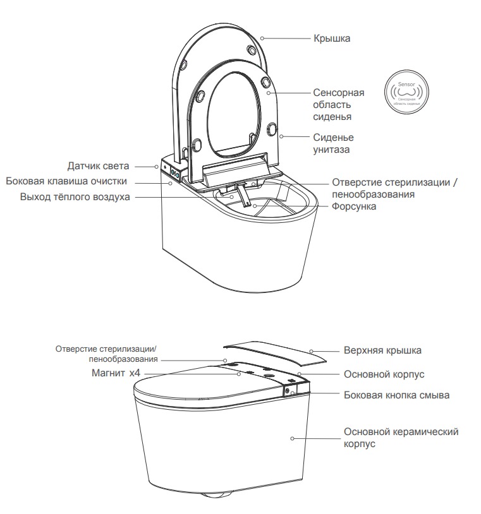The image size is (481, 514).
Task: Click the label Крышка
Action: [331, 39]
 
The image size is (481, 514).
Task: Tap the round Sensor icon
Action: [405, 92]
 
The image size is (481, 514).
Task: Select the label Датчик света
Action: [98, 166]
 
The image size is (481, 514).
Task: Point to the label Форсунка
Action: [350, 206]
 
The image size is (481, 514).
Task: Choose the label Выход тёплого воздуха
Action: [75, 197]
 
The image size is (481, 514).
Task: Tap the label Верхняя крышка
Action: [382, 350]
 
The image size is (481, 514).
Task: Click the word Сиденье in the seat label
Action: [333, 138]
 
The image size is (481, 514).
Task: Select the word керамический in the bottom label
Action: [423, 431]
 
